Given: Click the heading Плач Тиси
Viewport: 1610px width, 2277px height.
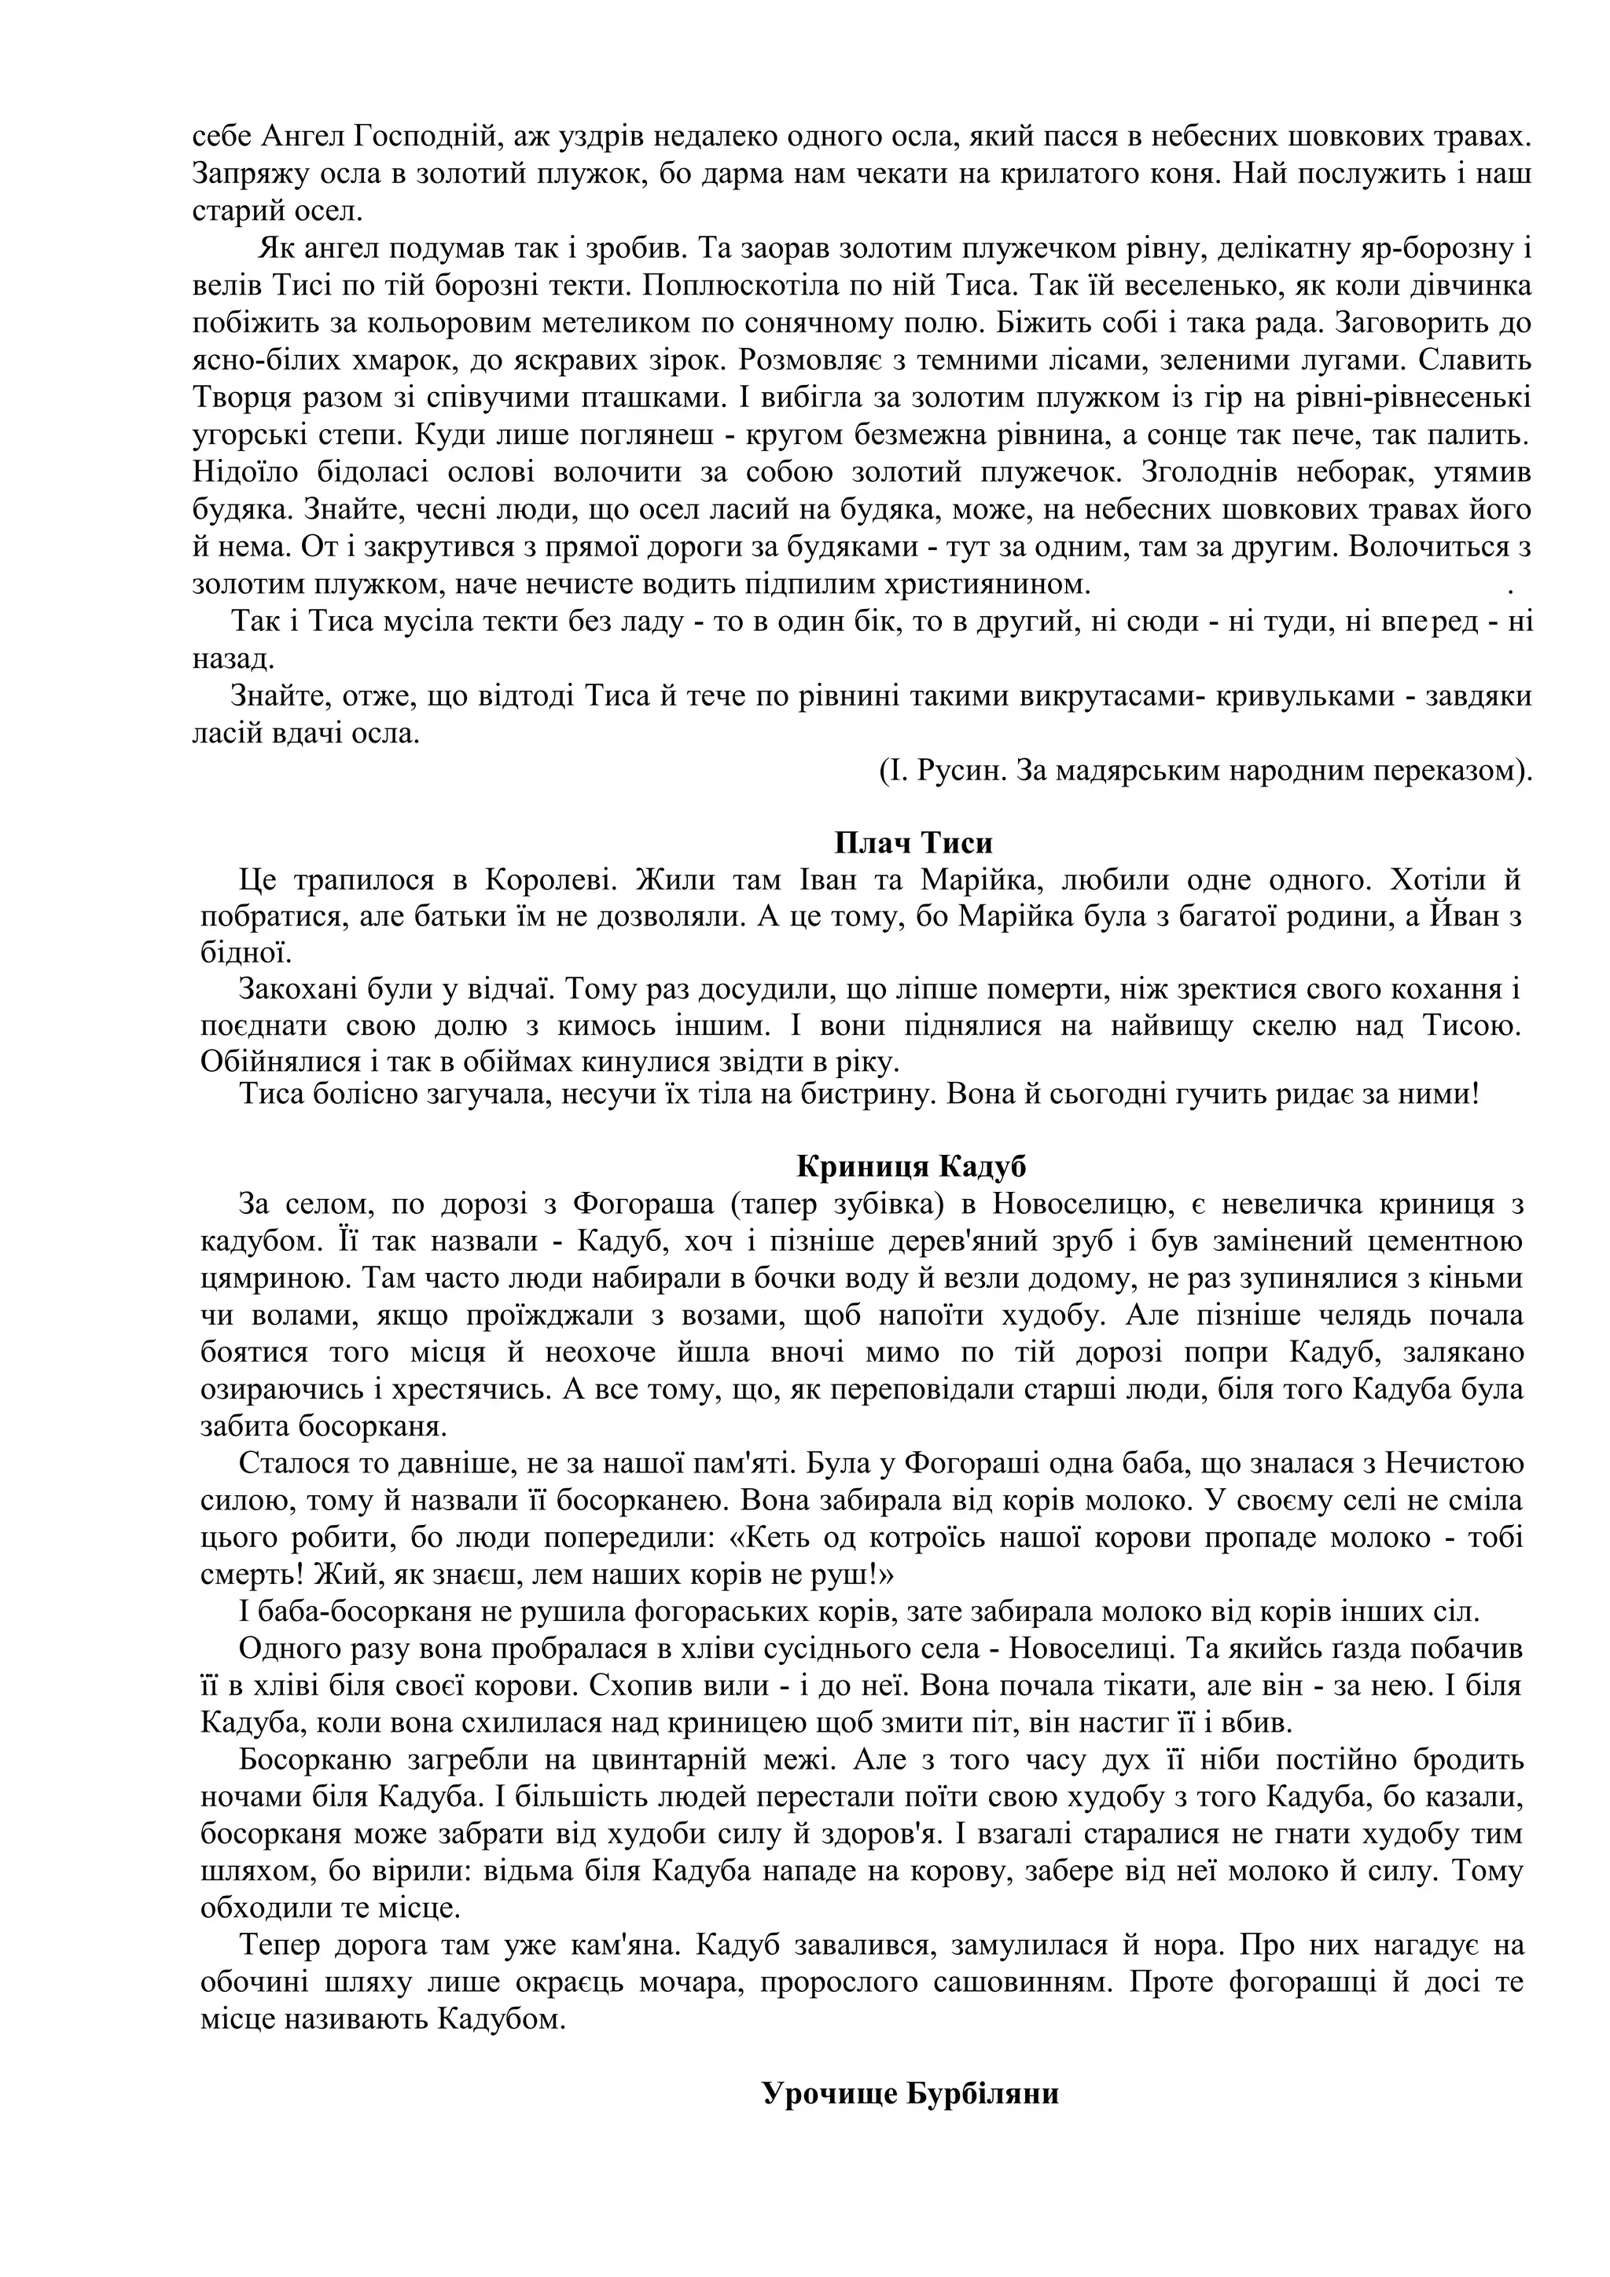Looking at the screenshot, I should [x=913, y=843].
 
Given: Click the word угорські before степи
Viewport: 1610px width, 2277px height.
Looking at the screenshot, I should [x=250, y=434].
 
